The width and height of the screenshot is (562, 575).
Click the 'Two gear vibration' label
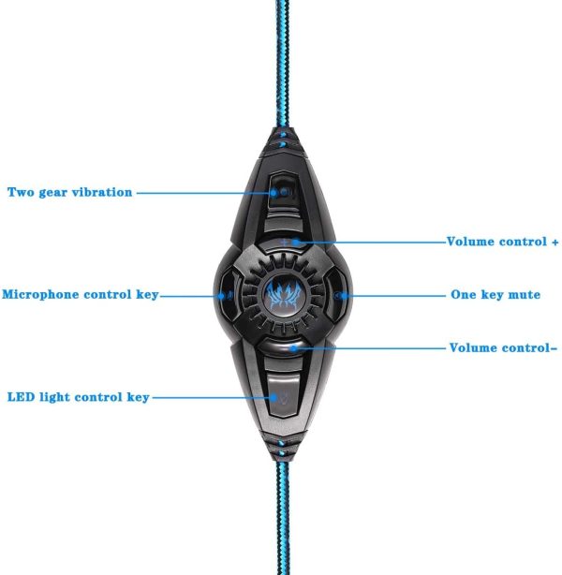click(69, 192)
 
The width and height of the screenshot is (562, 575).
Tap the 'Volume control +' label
click(502, 242)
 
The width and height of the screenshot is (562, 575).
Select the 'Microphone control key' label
click(81, 294)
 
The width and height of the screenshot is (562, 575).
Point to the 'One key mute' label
click(495, 294)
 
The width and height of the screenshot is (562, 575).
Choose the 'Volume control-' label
click(503, 347)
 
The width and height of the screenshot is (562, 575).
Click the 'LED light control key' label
click(78, 397)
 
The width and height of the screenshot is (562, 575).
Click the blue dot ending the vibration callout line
click(274, 193)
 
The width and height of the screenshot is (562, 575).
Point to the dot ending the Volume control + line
click(296, 242)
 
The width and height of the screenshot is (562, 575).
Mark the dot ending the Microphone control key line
click(222, 296)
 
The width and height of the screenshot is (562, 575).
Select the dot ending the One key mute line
click(344, 296)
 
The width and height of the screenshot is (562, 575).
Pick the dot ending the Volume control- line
click(293, 348)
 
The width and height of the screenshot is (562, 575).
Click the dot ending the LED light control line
click(274, 397)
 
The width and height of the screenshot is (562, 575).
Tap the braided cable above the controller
click(282, 65)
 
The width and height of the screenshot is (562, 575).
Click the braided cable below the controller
click(283, 517)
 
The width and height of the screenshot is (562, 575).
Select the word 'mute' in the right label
click(525, 294)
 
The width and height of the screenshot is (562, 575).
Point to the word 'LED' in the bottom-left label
click(22, 397)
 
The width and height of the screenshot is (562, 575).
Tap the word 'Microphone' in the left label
click(40, 294)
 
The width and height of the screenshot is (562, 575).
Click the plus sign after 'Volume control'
click(555, 242)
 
